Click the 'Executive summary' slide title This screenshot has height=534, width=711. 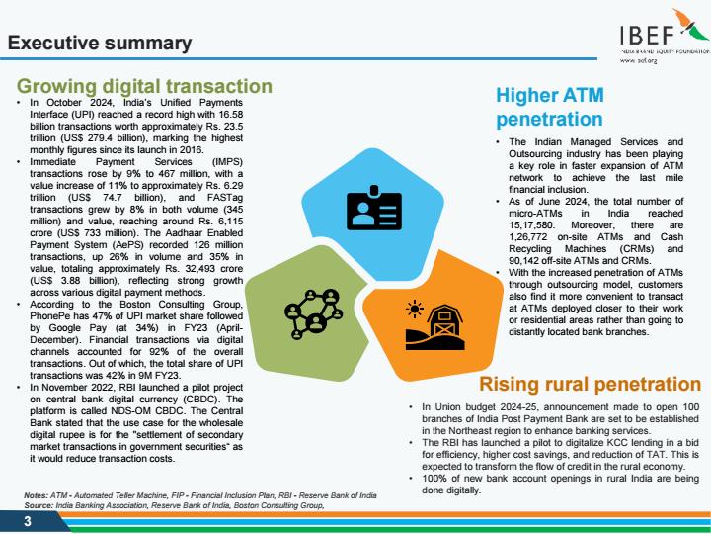[x=100, y=43]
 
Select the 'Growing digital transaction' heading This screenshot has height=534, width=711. [x=144, y=86]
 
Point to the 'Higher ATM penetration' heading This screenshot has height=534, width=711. [x=550, y=107]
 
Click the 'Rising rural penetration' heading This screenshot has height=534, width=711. [x=591, y=384]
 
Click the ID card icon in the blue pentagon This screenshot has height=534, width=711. [x=374, y=208]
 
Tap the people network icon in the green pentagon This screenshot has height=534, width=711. [x=312, y=313]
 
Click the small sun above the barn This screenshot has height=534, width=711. [x=415, y=309]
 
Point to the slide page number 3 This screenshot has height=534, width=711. [x=28, y=521]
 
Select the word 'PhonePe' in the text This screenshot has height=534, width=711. [x=48, y=316]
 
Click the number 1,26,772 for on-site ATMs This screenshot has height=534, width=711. [x=527, y=237]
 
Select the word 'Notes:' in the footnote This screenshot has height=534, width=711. [x=36, y=495]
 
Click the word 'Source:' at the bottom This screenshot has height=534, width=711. [x=39, y=505]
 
